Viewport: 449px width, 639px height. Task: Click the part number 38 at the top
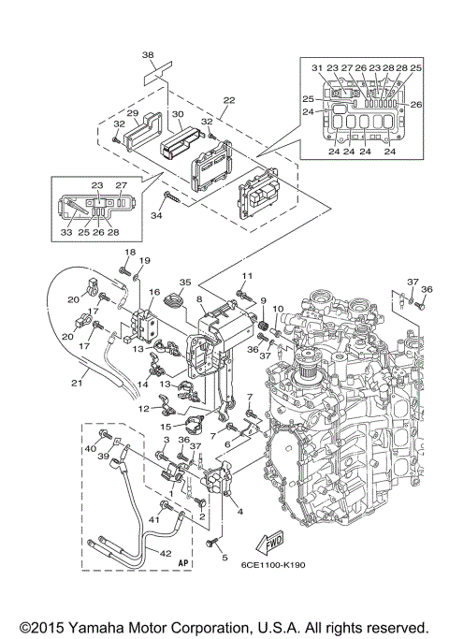[147, 55]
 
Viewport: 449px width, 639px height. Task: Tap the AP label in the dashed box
[182, 565]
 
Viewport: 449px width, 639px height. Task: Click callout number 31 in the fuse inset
[316, 67]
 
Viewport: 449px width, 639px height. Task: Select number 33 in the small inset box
[67, 231]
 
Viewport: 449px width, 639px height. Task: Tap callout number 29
[133, 114]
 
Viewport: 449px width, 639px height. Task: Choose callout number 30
[177, 114]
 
